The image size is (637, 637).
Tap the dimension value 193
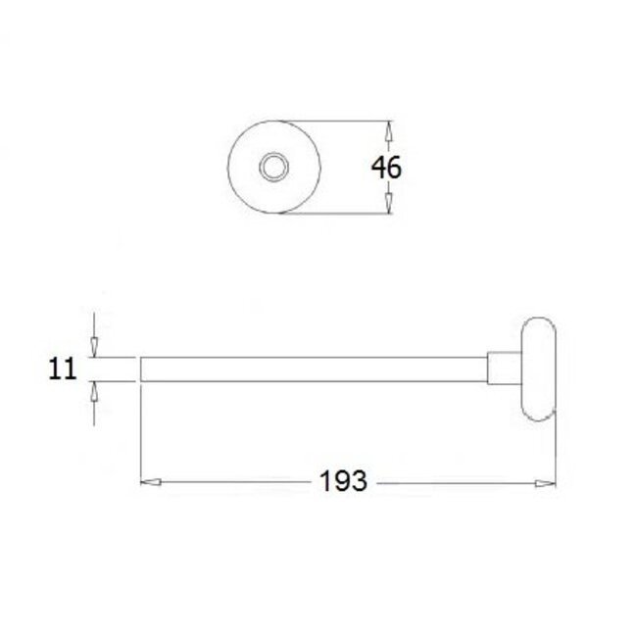click(343, 482)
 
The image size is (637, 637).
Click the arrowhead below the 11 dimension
click(93, 390)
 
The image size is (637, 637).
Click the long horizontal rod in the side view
click(314, 368)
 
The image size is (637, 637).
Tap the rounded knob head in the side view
click(537, 368)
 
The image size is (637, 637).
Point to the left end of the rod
click(144, 368)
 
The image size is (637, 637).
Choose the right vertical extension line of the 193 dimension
click(556, 451)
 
